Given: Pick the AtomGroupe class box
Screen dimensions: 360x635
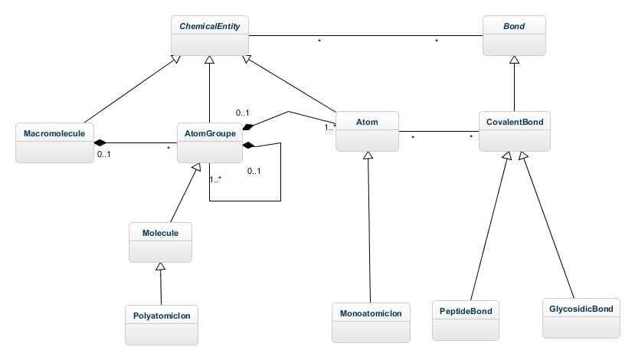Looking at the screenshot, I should (210, 142).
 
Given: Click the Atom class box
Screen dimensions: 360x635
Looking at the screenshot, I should (367, 130).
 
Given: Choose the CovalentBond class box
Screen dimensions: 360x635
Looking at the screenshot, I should (514, 130).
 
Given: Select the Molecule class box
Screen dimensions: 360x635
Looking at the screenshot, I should (160, 241).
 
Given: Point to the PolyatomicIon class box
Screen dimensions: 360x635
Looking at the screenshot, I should (160, 322).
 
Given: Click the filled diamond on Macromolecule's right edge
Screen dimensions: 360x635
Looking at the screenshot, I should (99, 142).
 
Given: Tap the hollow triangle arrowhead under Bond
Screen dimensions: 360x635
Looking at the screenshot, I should (514, 61).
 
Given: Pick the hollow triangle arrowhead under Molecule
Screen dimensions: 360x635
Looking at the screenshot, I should (160, 266).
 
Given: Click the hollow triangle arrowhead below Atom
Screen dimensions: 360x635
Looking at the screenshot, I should (368, 155).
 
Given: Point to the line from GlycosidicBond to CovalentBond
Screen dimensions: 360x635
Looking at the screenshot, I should (549, 230).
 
